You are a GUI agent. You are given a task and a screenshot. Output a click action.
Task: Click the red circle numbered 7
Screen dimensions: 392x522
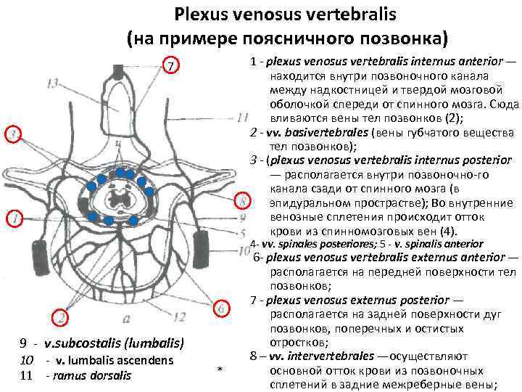[x=169, y=66]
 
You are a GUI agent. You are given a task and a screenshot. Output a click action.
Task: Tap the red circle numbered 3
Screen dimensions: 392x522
[x=12, y=134]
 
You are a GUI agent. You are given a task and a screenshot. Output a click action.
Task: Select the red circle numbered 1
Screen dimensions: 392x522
[x=12, y=216]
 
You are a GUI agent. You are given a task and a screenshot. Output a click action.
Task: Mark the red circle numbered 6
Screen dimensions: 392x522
[x=223, y=308]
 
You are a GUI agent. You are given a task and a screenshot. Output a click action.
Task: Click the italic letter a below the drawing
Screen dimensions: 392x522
[x=127, y=317]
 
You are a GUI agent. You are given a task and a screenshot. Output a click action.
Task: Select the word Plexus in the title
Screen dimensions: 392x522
[x=202, y=14]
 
